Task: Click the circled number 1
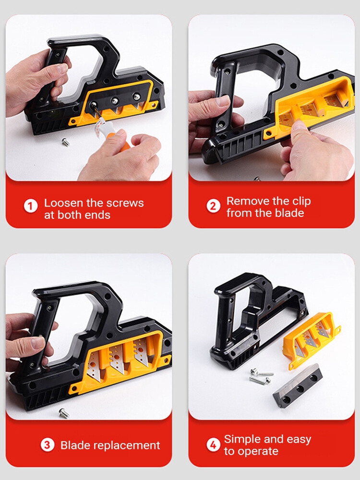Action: tap(31, 206)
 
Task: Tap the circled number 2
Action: tap(213, 206)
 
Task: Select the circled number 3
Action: tap(48, 445)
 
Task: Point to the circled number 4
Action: tap(213, 444)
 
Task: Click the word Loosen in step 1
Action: tap(64, 203)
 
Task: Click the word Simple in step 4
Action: tap(241, 439)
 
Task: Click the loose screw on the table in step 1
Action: tap(65, 142)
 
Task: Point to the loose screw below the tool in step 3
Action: tap(64, 413)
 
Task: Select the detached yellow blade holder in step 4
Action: tap(311, 339)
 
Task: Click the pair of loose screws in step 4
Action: tap(261, 376)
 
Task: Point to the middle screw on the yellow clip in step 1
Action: tap(115, 100)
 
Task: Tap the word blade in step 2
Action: tap(291, 213)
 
